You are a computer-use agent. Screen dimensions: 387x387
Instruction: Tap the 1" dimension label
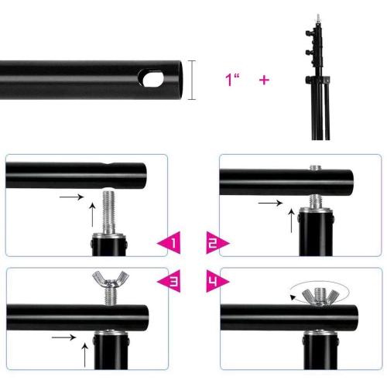[232, 80]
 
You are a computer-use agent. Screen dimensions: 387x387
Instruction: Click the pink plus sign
[264, 80]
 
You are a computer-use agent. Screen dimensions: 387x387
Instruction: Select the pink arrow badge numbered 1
[170, 242]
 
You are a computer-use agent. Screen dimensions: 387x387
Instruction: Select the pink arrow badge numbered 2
[217, 243]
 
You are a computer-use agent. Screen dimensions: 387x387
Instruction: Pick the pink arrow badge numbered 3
[170, 281]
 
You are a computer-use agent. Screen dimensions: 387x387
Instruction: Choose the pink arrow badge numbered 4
[217, 281]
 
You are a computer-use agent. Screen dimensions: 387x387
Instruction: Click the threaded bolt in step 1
[110, 211]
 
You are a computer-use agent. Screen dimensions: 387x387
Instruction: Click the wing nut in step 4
[320, 296]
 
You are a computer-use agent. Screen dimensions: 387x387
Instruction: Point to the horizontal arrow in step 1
[72, 197]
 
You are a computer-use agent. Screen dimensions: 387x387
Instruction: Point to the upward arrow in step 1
[92, 214]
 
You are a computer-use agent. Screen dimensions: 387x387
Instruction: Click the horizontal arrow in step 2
[270, 203]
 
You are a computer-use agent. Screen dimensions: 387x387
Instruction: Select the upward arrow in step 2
[291, 221]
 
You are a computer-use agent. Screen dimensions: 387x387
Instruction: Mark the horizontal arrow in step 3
[64, 337]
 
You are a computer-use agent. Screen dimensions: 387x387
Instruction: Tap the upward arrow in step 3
[84, 355]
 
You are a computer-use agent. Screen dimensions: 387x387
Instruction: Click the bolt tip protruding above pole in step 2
[314, 167]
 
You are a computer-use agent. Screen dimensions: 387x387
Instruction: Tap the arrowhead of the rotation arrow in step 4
[293, 297]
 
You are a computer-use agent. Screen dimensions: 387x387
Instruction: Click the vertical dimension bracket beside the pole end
[192, 80]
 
